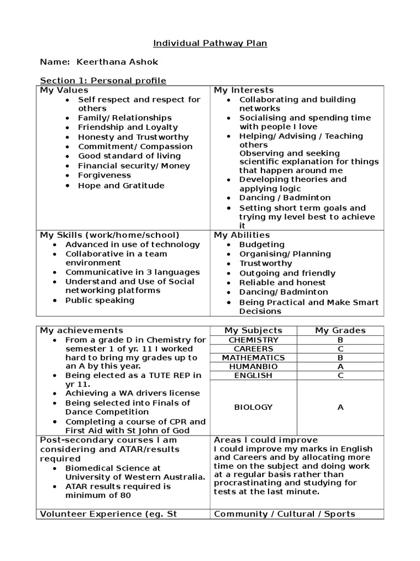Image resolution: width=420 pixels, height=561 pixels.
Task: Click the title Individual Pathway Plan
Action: click(210, 43)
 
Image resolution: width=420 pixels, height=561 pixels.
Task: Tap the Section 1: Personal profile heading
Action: click(103, 81)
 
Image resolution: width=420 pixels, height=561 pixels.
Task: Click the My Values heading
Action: click(64, 90)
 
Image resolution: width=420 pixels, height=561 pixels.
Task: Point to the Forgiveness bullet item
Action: click(104, 175)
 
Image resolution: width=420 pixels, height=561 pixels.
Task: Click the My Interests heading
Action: click(243, 90)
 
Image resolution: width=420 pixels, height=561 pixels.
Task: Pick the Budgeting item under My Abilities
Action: click(261, 244)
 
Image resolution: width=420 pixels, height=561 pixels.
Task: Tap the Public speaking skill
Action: click(100, 300)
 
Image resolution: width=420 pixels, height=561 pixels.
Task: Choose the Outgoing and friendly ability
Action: click(287, 273)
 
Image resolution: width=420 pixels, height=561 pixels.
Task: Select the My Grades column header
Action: click(340, 330)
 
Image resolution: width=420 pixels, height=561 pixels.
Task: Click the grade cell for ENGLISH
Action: click(340, 375)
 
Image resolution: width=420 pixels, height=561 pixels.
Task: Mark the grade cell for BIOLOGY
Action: click(340, 407)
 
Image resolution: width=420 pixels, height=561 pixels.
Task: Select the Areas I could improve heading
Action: click(265, 440)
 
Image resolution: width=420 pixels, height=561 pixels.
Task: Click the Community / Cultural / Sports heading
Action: click(284, 514)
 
